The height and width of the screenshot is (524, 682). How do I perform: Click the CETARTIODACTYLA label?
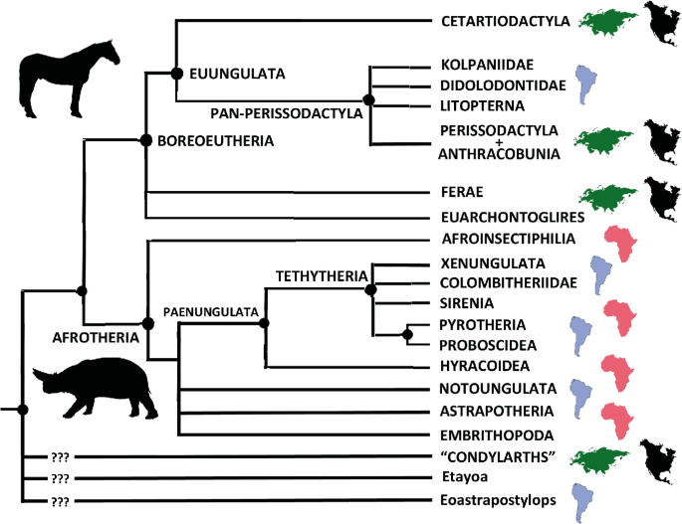tap(505, 20)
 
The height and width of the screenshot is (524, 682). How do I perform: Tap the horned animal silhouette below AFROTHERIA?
tap(94, 391)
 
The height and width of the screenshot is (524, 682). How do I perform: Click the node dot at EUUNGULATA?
tap(176, 73)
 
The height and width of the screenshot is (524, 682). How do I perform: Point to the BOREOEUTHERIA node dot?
tap(146, 140)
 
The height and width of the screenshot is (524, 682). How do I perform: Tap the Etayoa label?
tap(461, 479)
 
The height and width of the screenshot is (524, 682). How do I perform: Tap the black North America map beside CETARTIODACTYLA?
tap(660, 19)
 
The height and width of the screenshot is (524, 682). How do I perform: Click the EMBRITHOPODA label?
tap(497, 436)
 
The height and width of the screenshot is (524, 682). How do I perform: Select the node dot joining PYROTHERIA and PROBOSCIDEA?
tap(407, 334)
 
